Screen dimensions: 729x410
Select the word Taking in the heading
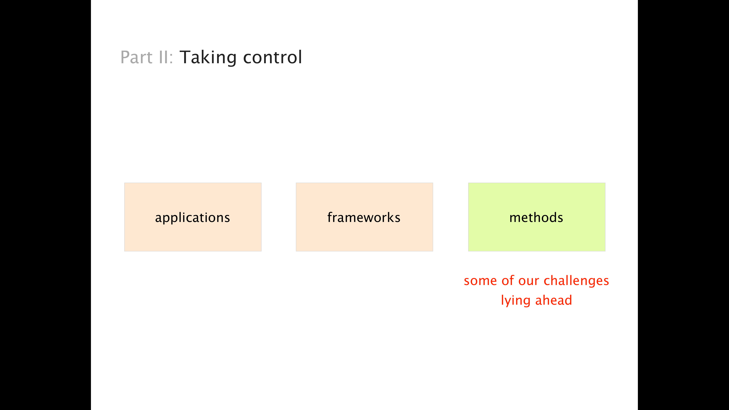point(208,58)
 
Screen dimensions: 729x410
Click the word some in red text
point(480,281)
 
